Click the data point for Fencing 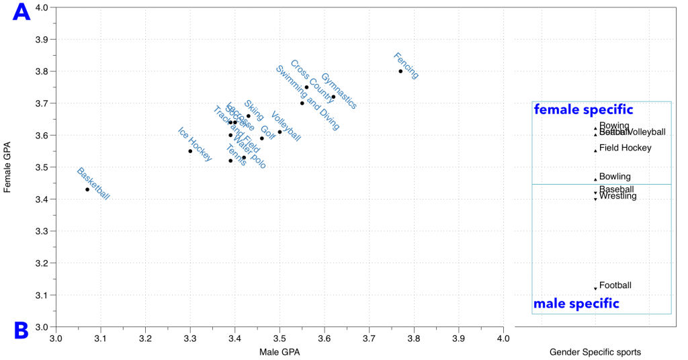(400, 71)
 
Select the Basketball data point (87, 189)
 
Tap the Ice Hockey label (195, 144)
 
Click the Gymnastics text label (339, 91)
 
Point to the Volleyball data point (280, 132)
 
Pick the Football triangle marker (595, 289)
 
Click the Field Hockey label (625, 148)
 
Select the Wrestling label (618, 196)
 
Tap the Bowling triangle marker (595, 179)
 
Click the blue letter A (22, 12)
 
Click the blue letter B (21, 330)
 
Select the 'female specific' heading (583, 109)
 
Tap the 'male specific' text (576, 304)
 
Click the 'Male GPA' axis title (279, 352)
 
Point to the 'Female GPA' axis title (7, 167)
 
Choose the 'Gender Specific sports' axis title (595, 352)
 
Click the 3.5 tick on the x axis (279, 336)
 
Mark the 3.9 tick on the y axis (42, 40)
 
